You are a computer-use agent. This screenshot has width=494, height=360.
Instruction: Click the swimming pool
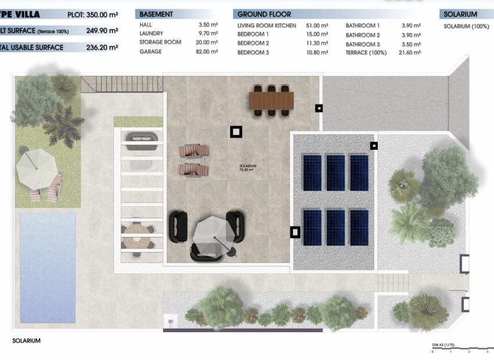[x=48, y=267]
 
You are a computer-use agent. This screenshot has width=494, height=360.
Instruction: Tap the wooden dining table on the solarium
[x=271, y=100]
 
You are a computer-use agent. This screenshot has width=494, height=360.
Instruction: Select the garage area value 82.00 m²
[x=207, y=52]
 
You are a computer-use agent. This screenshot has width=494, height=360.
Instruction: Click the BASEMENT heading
[x=156, y=14]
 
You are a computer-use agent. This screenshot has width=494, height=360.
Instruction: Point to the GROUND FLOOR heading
[x=264, y=14]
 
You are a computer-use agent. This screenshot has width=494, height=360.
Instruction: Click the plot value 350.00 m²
[x=102, y=14]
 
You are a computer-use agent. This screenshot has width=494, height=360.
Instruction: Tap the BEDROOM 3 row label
[x=253, y=52]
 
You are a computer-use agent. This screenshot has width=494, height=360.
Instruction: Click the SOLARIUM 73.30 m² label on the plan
[x=248, y=168]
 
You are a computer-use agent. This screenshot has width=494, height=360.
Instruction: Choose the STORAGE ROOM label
[x=160, y=42]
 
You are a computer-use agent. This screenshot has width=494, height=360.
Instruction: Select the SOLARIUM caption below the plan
[x=27, y=341]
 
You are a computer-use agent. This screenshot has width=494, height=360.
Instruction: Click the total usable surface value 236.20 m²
[x=102, y=48]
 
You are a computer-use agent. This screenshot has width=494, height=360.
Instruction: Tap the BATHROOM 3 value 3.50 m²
[x=411, y=44]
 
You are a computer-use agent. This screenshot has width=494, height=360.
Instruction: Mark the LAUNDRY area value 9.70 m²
[x=207, y=34]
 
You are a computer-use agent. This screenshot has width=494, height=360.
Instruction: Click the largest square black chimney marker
[x=236, y=132]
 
